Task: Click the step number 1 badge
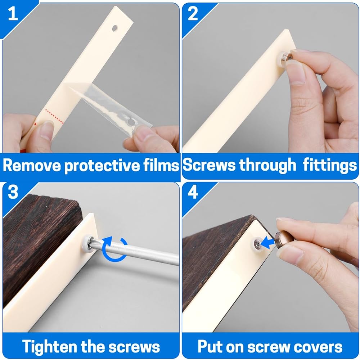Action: (13, 14)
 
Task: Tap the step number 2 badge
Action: (193, 14)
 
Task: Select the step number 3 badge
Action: (13, 192)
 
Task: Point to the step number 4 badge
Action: (193, 192)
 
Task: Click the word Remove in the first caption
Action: (32, 165)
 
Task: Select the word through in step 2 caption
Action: (268, 165)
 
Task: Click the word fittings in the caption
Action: (330, 165)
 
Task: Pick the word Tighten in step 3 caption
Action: (49, 346)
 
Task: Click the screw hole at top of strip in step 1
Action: (114, 28)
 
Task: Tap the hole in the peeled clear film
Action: (131, 122)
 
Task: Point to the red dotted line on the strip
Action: (54, 117)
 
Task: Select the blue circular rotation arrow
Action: (115, 249)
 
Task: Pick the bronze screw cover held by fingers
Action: (284, 240)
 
